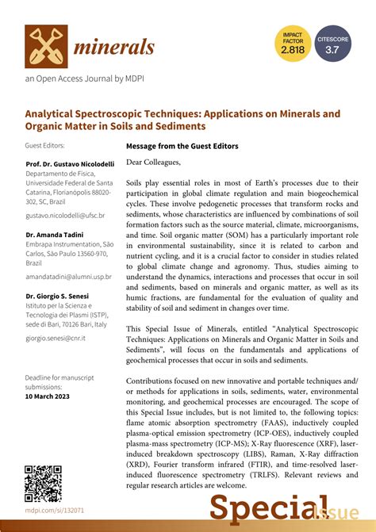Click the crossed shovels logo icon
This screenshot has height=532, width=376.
45,47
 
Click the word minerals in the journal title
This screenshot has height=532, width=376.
114,48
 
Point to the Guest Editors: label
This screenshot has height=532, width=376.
45,146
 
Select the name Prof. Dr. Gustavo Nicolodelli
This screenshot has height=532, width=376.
68,163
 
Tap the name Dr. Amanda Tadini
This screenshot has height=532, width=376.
55,235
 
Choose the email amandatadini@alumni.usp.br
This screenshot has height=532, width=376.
68,277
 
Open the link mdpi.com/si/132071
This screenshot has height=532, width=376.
55,511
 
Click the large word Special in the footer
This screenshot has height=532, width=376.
257,508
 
